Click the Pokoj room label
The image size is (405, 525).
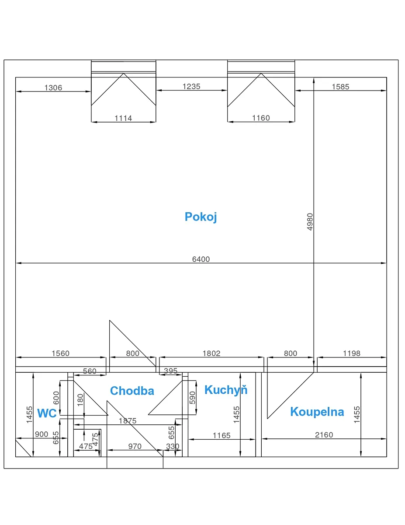coord(201,217)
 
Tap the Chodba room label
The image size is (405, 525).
coord(132,391)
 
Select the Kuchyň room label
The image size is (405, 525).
coord(226,389)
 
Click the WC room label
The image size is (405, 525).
coord(47,413)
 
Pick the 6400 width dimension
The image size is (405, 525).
coord(201,259)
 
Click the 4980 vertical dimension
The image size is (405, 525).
coord(310,222)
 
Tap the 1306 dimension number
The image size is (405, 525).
coord(53,87)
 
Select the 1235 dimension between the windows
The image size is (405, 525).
coord(191,87)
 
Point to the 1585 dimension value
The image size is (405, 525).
coord(340,87)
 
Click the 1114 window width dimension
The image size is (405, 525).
coord(123,118)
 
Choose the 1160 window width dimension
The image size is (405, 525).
coord(261,118)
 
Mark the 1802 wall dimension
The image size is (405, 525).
coord(211,353)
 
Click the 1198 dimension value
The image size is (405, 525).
coord(351,353)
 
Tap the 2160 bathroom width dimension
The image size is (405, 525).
coord(324,435)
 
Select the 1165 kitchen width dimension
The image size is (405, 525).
coord(222,435)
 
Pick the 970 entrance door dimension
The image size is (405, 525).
coord(135,446)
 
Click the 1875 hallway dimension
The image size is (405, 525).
coord(128,421)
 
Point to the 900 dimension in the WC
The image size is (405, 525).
coord(42,434)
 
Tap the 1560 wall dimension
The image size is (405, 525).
coord(61,353)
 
